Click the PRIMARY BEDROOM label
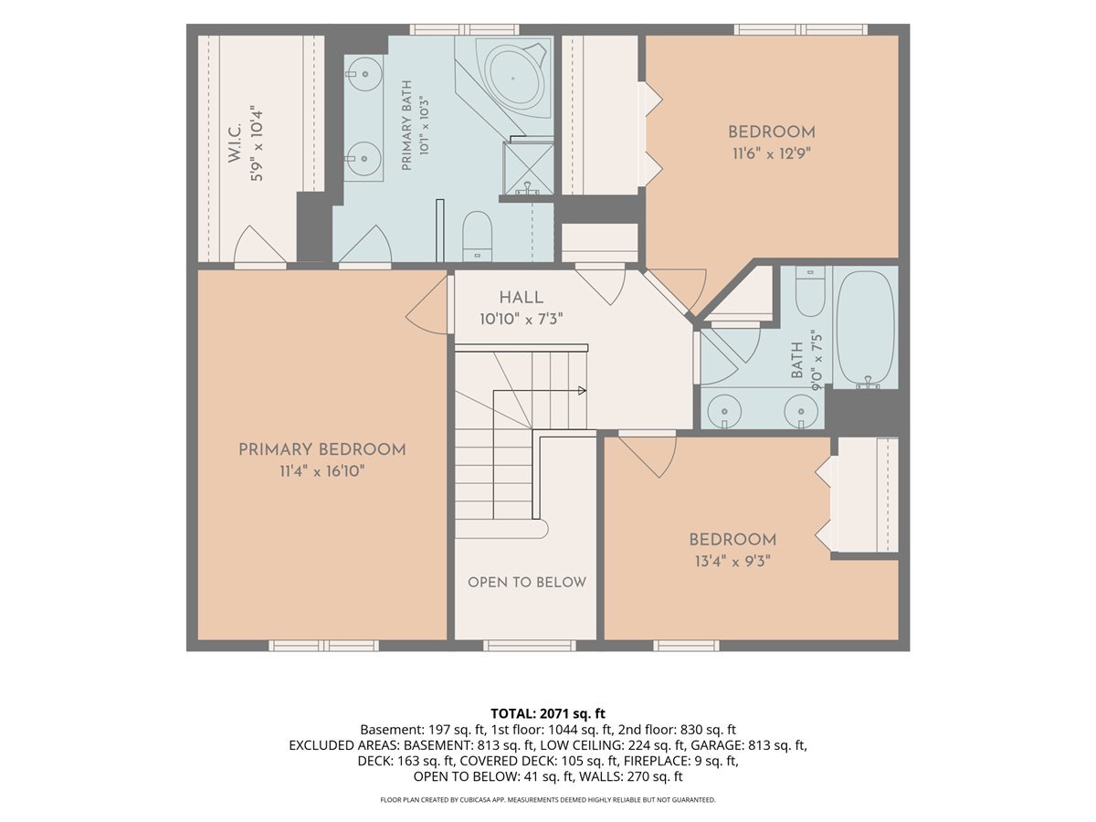click(322, 449)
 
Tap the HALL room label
click(522, 298)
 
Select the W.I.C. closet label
click(235, 142)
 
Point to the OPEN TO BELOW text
click(527, 583)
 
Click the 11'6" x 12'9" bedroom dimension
click(772, 153)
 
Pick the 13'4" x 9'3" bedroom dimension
click(732, 562)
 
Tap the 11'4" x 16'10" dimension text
click(322, 470)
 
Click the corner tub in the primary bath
click(514, 79)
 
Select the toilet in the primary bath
click(478, 237)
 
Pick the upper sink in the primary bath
click(364, 74)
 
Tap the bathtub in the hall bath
click(865, 329)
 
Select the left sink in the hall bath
click(724, 412)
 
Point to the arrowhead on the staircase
click(582, 390)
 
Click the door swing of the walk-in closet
click(260, 245)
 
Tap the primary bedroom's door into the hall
click(427, 305)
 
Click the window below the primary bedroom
click(324, 646)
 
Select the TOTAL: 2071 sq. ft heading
click(548, 713)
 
